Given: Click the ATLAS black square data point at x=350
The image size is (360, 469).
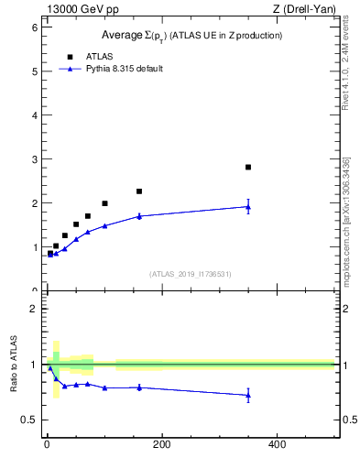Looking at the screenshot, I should tap(248, 167).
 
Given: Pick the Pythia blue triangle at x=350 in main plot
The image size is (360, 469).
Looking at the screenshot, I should tap(248, 207).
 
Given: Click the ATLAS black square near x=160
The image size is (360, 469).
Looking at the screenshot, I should tap(139, 191).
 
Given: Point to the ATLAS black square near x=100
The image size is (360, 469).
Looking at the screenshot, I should tap(104, 203).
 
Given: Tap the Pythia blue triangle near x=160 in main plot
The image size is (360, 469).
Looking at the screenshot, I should tap(139, 216).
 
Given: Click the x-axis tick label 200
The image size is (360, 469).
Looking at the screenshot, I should tap(161, 445).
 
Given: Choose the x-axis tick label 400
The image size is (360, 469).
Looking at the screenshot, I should tap(277, 445).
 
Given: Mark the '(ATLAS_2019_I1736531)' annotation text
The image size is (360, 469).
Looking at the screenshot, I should tap(191, 274).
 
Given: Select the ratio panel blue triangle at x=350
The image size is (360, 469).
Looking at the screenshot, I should tap(248, 396).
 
